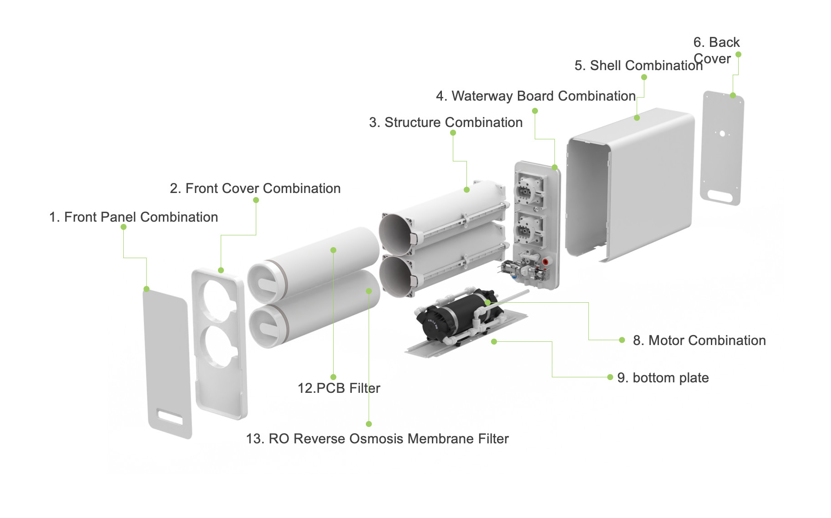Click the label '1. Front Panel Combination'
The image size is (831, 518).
click(x=133, y=217)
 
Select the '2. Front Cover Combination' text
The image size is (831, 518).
click(x=255, y=188)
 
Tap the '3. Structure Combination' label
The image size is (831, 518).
click(x=446, y=122)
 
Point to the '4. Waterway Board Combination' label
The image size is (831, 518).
click(x=536, y=96)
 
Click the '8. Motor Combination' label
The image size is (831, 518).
click(x=699, y=340)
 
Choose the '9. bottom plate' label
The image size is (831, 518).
click(x=663, y=378)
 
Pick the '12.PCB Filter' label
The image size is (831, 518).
click(x=339, y=388)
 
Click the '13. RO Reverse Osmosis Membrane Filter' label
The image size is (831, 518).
click(x=377, y=439)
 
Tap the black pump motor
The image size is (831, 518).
click(x=455, y=314)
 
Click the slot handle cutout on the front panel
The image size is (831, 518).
click(x=170, y=417)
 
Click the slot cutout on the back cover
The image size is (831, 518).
click(x=720, y=197)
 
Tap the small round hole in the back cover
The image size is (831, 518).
click(x=722, y=134)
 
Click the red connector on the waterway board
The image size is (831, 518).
click(x=545, y=262)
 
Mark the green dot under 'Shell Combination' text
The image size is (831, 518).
click(x=644, y=77)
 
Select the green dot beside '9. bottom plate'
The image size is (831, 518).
click(x=610, y=377)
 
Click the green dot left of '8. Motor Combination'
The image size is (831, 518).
click(x=622, y=340)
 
